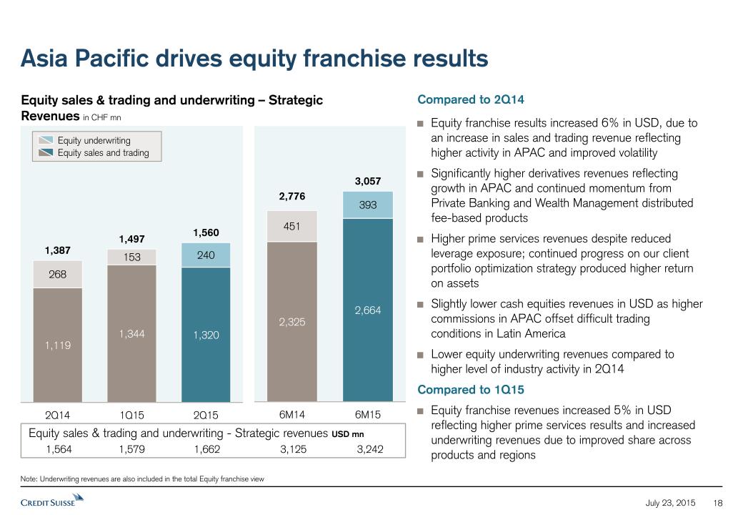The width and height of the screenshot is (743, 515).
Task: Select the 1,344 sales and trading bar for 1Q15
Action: click(131, 333)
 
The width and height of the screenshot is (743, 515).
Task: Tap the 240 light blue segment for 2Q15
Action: click(206, 255)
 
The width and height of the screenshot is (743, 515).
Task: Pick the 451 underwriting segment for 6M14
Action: click(291, 226)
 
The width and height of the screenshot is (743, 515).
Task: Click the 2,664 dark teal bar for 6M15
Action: click(368, 310)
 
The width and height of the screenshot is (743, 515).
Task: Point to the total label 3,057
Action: click(368, 182)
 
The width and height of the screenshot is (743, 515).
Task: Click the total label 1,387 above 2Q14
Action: click(58, 250)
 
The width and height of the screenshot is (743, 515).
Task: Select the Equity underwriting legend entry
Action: click(94, 141)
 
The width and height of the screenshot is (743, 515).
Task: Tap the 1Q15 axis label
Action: click(131, 414)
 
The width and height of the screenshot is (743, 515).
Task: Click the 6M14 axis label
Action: click(291, 414)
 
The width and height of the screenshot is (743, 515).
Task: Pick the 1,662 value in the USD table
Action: click(207, 449)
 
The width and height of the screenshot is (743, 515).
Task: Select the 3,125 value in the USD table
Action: click(294, 449)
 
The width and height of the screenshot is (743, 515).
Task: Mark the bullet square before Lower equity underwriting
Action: click(420, 355)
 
